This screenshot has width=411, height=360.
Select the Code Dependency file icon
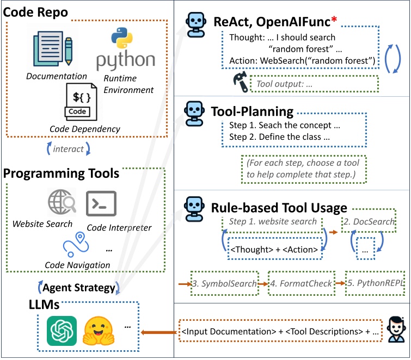click(80, 103)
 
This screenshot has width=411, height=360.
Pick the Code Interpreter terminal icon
click(101, 203)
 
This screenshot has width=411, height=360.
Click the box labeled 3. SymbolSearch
click(223, 284)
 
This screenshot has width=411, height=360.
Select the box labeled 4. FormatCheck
click(301, 284)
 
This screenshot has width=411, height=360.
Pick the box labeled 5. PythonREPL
click(375, 284)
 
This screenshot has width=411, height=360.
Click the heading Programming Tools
click(61, 174)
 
